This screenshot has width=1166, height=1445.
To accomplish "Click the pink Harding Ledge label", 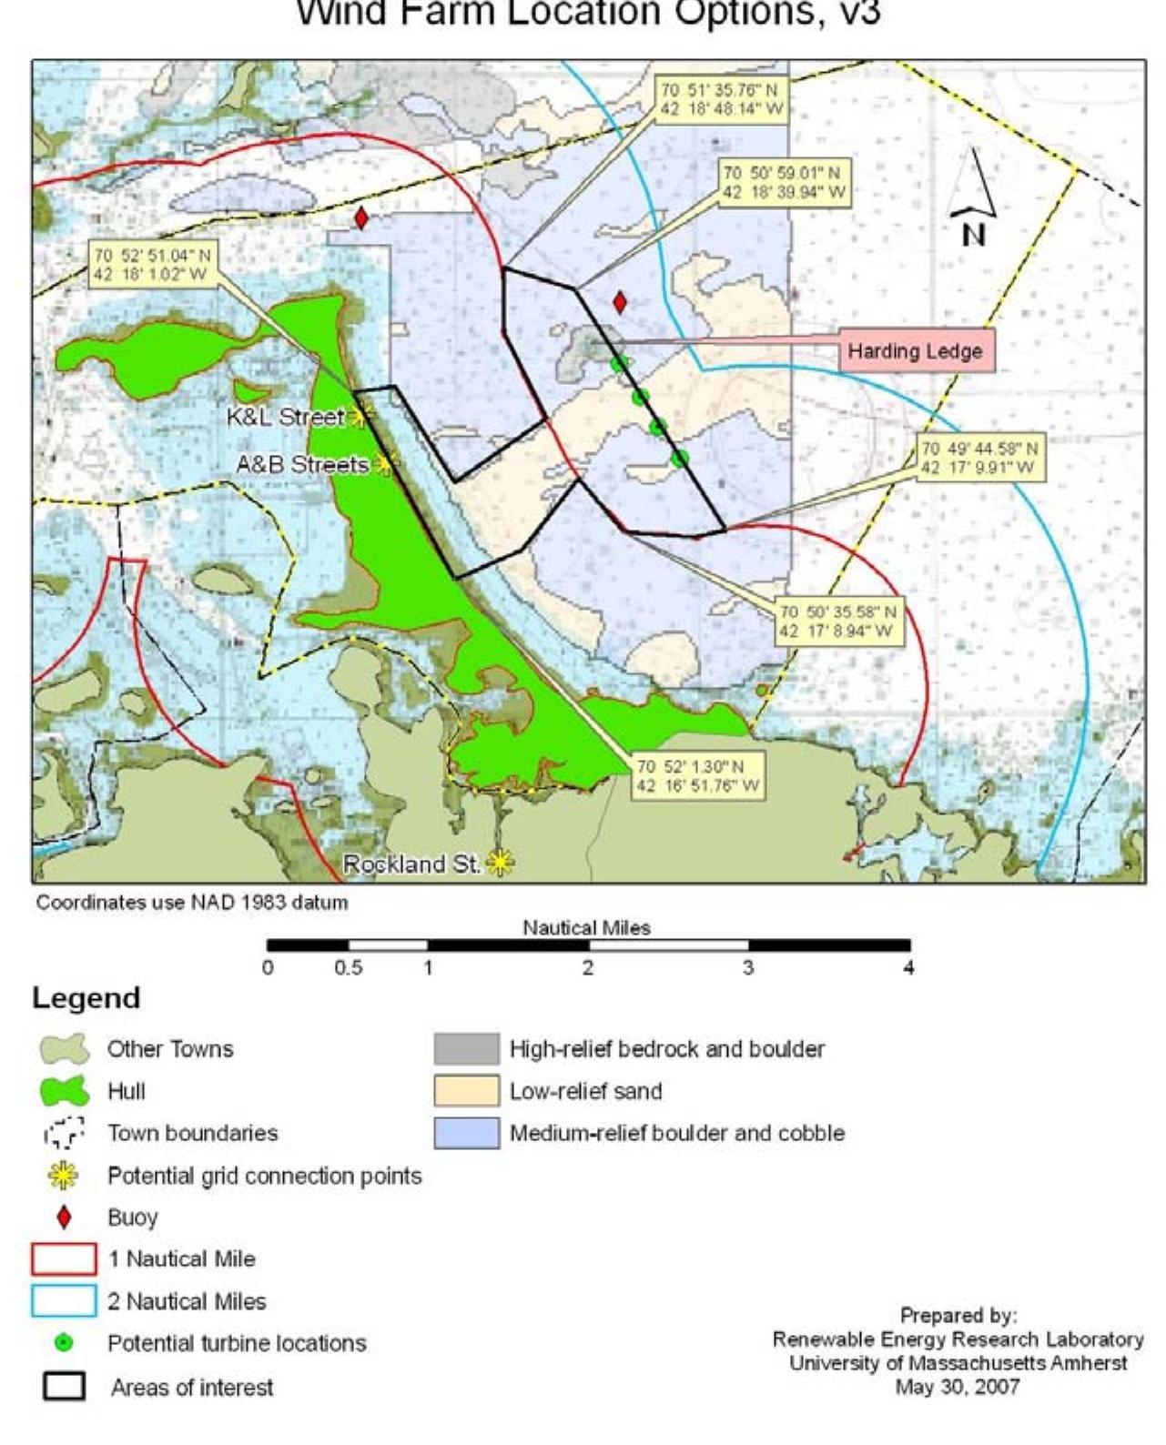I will [916, 351].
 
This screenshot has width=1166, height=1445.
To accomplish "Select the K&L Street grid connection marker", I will [360, 418].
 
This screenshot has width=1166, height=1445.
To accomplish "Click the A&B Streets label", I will [301, 465].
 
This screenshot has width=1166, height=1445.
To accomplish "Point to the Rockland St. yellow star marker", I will [500, 862].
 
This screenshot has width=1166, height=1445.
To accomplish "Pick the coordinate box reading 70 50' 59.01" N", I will [784, 183].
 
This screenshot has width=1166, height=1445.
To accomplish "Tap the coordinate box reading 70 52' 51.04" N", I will [152, 265].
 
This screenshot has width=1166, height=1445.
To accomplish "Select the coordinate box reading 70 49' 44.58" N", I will [978, 459].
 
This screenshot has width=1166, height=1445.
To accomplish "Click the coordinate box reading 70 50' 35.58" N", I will [838, 621].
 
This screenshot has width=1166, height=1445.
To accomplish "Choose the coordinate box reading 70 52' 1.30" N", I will [698, 776].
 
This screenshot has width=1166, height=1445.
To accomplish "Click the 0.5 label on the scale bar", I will [348, 968].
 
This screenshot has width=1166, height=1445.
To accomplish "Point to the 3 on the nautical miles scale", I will [747, 968].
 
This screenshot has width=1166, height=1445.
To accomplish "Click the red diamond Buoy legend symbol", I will [64, 1218].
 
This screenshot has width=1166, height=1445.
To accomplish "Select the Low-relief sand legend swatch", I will [466, 1091].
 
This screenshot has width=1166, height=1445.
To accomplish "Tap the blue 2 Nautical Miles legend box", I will [64, 1301].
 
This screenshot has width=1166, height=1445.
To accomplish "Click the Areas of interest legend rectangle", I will [64, 1387].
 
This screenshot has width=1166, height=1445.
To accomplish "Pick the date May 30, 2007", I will [957, 1388].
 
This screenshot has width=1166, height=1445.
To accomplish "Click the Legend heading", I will [86, 998].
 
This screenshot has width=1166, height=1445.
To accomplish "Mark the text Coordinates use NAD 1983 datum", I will [192, 903].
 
